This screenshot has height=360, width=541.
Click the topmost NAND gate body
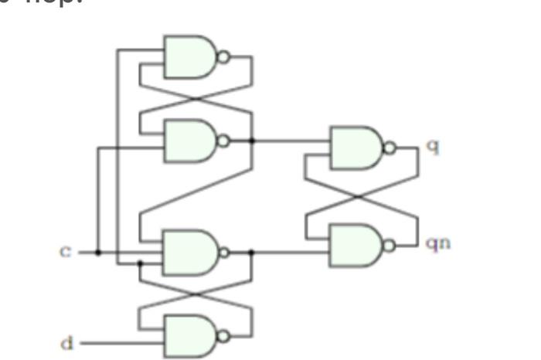tap(189, 56)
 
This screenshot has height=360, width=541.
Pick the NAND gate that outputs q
tap(356, 148)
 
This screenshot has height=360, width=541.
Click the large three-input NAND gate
tap(189, 252)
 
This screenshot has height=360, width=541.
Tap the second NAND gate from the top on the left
tap(189, 141)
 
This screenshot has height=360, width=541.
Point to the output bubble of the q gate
tap(390, 148)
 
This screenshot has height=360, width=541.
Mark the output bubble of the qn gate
tap(390, 246)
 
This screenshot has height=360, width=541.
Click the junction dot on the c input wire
tap(97, 252)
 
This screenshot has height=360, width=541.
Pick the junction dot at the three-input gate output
tap(251, 252)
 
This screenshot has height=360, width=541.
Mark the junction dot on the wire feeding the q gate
tap(252, 141)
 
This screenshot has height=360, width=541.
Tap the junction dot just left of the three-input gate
tap(139, 263)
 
